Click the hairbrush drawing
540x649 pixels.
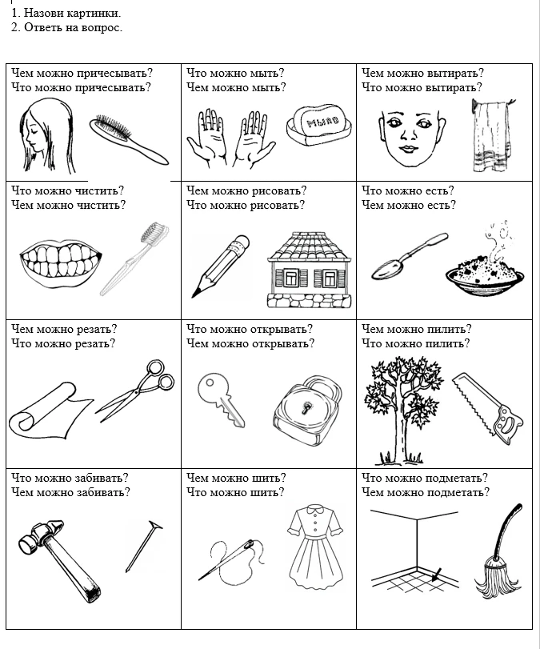(x=128, y=140)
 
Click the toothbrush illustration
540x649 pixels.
(x=134, y=258)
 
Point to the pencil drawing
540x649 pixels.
(x=220, y=266)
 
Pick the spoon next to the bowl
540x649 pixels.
(x=410, y=256)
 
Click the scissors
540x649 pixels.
(x=136, y=390)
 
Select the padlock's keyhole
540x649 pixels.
(x=307, y=407)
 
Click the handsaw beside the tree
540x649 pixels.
(x=487, y=408)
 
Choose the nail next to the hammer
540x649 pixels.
(x=143, y=547)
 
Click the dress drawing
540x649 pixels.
(x=315, y=547)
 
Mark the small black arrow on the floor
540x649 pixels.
(x=436, y=575)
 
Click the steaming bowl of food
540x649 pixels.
(x=485, y=275)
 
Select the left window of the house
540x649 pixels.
(x=291, y=278)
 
